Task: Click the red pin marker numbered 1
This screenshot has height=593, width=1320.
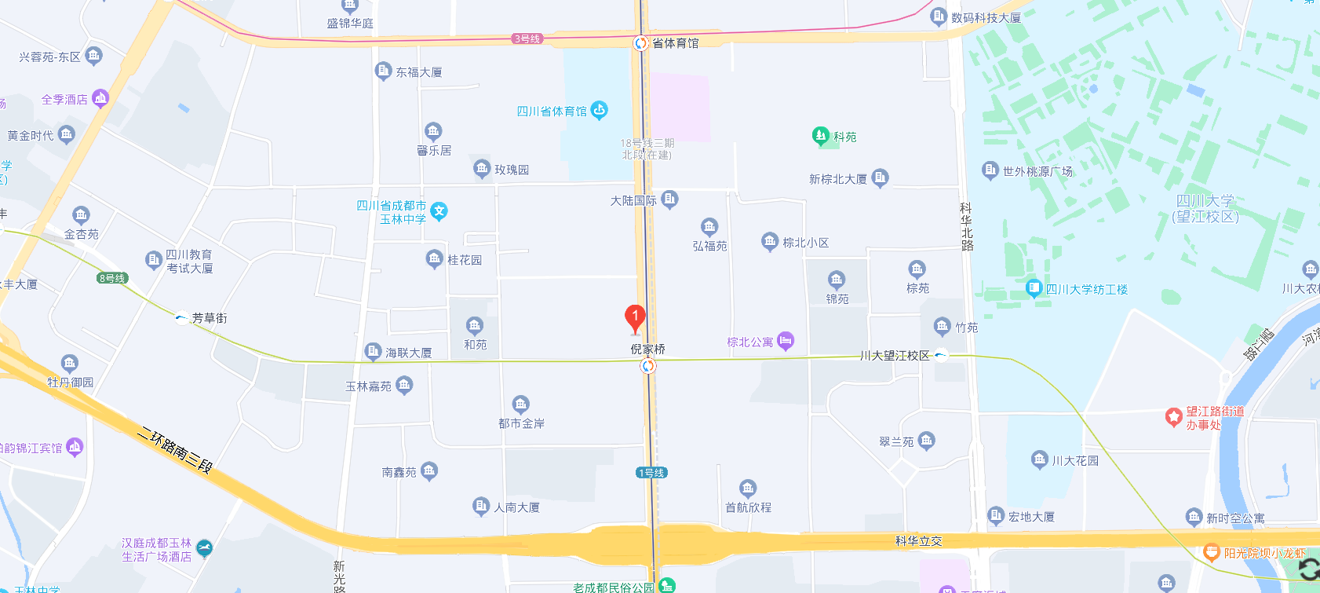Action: click(x=635, y=317)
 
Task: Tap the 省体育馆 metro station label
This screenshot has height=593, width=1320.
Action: click(x=675, y=43)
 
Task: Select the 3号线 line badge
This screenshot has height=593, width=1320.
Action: click(x=527, y=38)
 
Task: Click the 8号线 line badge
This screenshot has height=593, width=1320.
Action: click(x=112, y=278)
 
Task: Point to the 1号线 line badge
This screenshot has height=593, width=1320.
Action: click(x=651, y=472)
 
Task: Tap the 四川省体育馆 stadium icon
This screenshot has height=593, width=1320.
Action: click(x=600, y=110)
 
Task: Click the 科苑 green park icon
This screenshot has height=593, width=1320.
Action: click(x=820, y=136)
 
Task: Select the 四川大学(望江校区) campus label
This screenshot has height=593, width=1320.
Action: click(x=1205, y=209)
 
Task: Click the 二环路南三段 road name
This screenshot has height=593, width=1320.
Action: click(x=174, y=449)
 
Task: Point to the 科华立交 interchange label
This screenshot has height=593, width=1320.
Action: click(x=918, y=541)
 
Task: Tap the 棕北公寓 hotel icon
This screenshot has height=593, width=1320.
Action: click(x=786, y=341)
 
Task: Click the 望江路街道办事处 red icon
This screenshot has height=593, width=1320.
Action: click(x=1173, y=417)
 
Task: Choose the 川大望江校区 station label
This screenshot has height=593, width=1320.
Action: click(x=895, y=356)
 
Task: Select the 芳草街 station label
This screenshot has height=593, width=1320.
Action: click(x=210, y=318)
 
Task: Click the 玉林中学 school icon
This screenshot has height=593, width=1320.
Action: click(x=439, y=211)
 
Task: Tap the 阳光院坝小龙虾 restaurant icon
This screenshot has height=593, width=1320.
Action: click(x=1211, y=553)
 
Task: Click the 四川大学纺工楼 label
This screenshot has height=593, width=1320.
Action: click(x=1086, y=290)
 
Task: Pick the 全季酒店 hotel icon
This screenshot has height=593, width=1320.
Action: click(x=100, y=98)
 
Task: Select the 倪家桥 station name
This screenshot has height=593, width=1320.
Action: click(x=647, y=350)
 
